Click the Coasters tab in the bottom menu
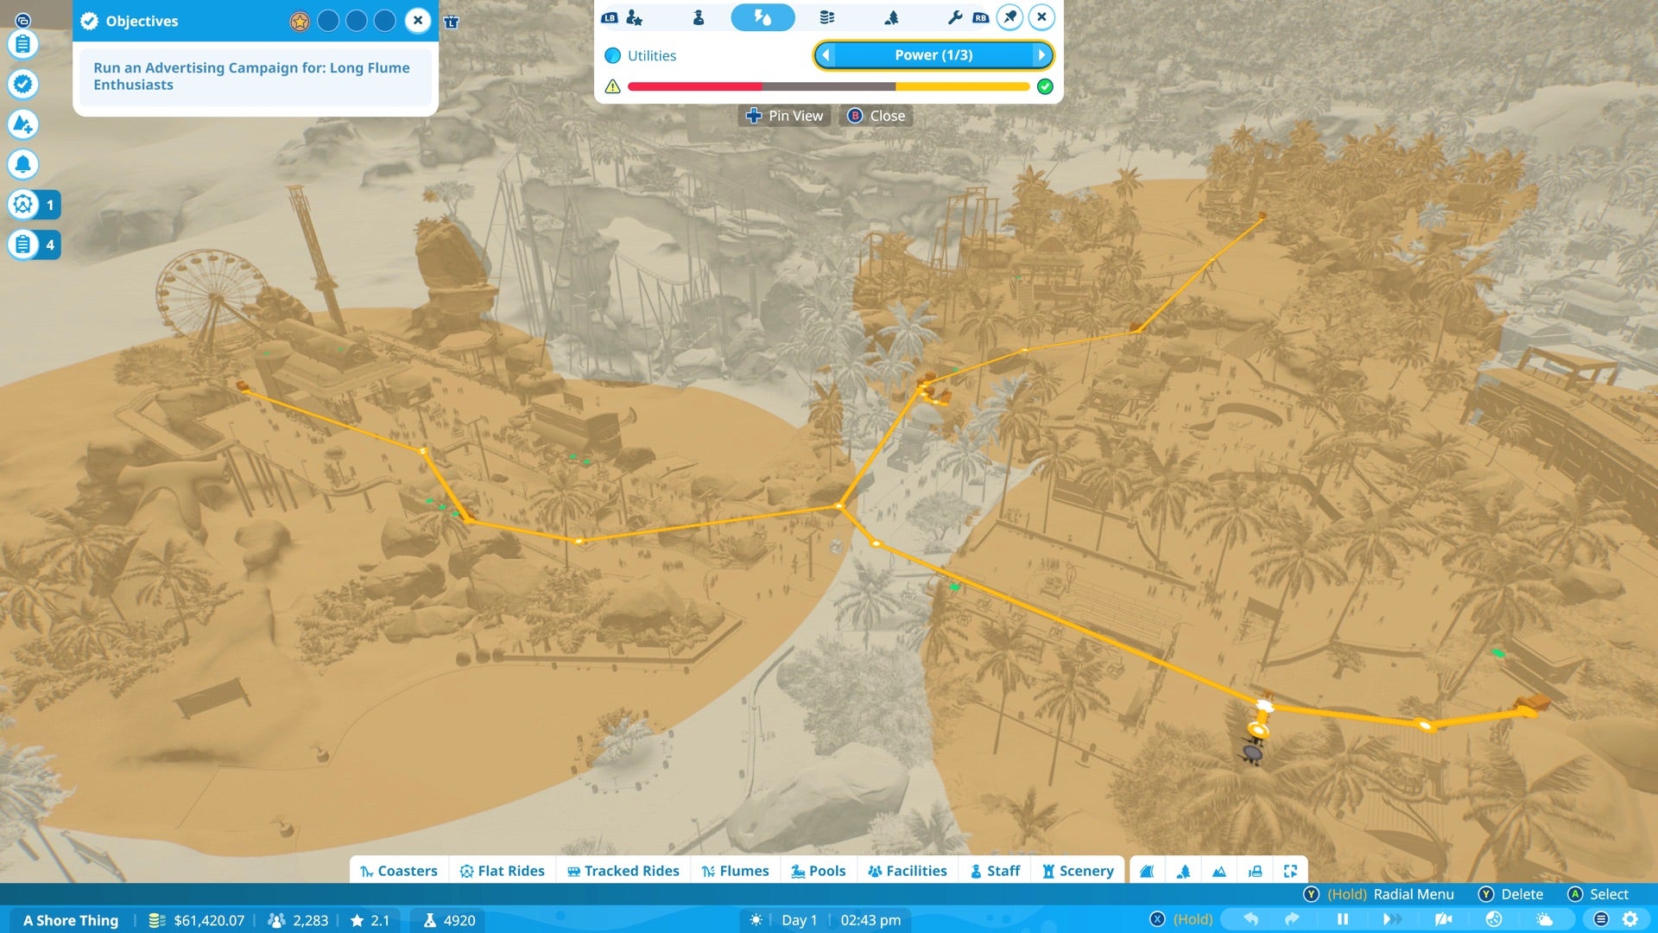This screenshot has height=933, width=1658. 398,871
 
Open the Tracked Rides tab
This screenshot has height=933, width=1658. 623,871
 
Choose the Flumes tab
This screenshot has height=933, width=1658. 735,871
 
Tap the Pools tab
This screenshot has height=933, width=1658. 818,871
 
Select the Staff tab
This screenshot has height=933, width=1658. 995,871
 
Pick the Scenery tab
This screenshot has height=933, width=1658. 1078,871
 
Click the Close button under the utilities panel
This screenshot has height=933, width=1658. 876,116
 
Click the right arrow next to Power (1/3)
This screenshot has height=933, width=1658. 1041,55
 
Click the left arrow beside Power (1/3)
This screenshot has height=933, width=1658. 826,55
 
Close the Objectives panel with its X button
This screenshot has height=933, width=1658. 418,21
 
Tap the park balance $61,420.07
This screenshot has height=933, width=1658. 208,920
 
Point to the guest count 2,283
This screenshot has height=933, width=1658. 309,920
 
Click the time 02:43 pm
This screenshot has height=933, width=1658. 870,920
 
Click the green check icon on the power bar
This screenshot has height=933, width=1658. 1045,86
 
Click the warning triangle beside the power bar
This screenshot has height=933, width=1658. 612,86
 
